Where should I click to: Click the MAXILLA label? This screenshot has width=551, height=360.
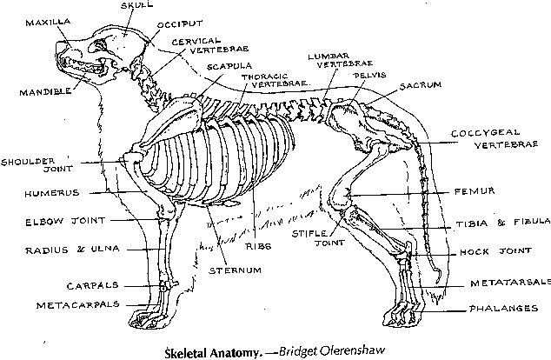48,23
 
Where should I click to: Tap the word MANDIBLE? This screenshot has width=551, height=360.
45,92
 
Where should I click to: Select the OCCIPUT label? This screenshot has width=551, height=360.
180,24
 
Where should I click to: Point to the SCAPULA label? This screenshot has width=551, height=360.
229,66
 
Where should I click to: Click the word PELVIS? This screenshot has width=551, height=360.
369,76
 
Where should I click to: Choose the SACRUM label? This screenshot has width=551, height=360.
421,85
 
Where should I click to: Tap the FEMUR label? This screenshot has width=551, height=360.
475,191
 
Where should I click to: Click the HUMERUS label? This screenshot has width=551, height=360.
52,193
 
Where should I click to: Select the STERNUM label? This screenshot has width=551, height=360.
236,270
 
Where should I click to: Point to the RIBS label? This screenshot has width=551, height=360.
258,246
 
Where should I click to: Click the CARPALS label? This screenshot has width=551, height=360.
92,285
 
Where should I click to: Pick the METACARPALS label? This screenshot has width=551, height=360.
78,305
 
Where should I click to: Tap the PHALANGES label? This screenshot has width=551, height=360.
503,309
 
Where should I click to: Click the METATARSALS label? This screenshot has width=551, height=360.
511,283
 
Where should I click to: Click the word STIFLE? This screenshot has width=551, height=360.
309,233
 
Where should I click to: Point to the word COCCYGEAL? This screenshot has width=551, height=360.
485,133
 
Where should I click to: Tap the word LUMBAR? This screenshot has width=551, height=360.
329,57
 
